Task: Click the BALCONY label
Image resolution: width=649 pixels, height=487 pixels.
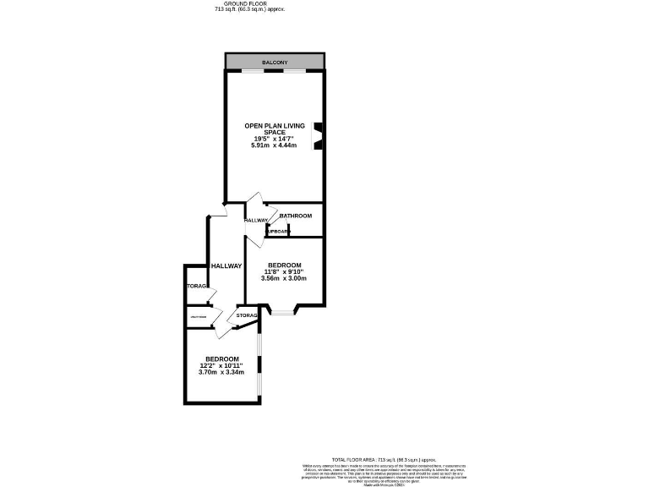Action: click(275, 63)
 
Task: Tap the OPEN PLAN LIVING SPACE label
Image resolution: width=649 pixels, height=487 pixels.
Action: click(275, 129)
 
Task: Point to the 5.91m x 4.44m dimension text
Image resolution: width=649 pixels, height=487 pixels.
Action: click(275, 145)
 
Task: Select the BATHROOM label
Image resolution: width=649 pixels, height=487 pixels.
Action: click(296, 216)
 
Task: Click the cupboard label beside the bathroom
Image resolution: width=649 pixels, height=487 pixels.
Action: click(278, 231)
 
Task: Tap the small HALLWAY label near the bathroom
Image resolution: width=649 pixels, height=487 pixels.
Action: click(256, 220)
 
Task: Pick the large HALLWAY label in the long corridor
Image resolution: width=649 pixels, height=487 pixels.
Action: click(226, 265)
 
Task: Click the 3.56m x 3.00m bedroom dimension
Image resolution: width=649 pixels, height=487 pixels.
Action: click(284, 278)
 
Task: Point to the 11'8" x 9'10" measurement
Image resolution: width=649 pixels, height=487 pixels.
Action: click(284, 271)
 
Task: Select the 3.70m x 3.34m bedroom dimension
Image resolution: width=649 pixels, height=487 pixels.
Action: click(221, 372)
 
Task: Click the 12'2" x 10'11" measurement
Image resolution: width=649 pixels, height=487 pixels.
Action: click(221, 365)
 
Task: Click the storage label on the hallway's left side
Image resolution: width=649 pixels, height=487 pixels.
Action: click(197, 286)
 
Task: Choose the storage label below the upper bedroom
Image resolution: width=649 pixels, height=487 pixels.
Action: click(247, 315)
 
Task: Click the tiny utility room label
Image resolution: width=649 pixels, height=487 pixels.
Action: click(199, 317)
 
